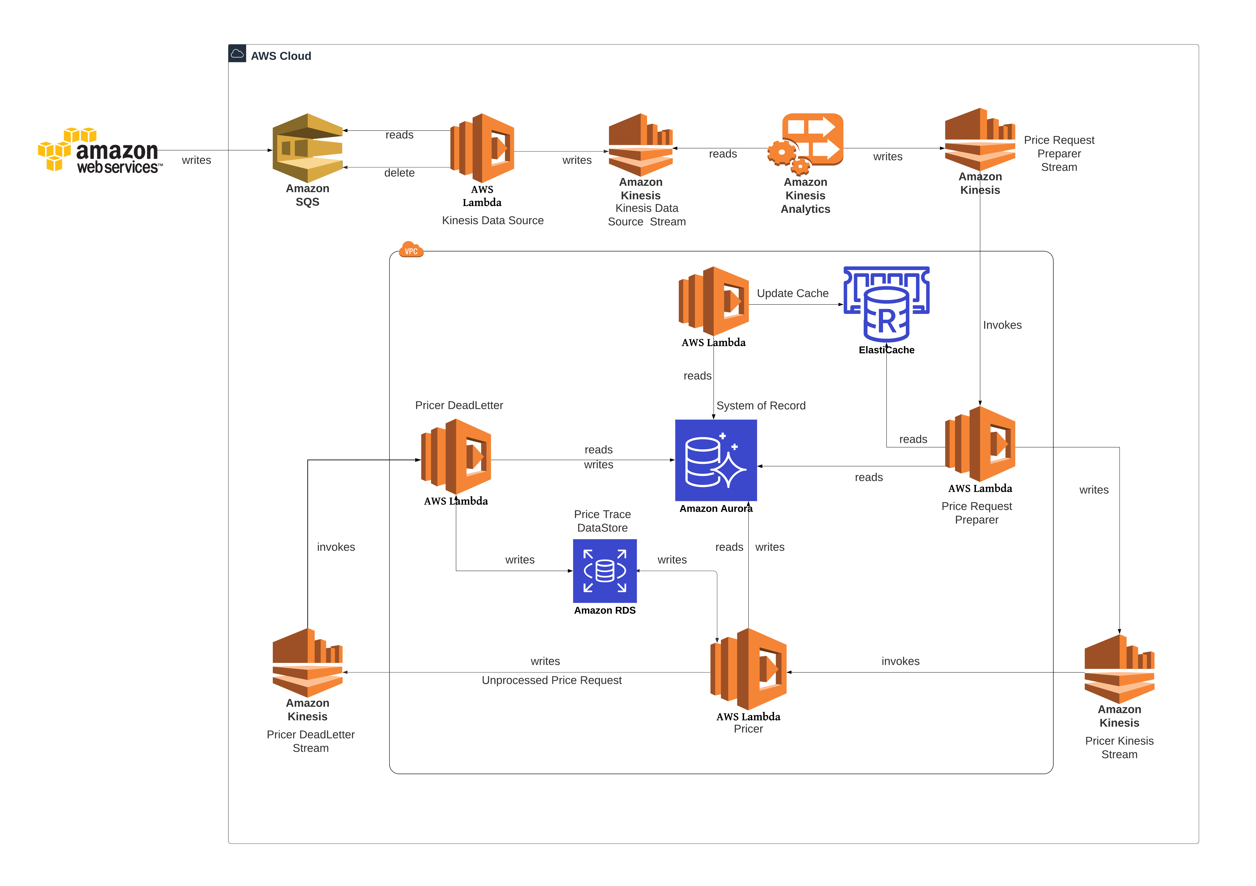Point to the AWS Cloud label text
[x=281, y=56]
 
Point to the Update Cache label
[x=792, y=293]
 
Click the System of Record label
[x=760, y=405]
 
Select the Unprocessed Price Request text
[x=551, y=680]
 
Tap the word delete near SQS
[x=399, y=173]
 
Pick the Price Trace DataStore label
[x=602, y=521]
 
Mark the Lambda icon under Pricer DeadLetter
[x=456, y=457]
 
